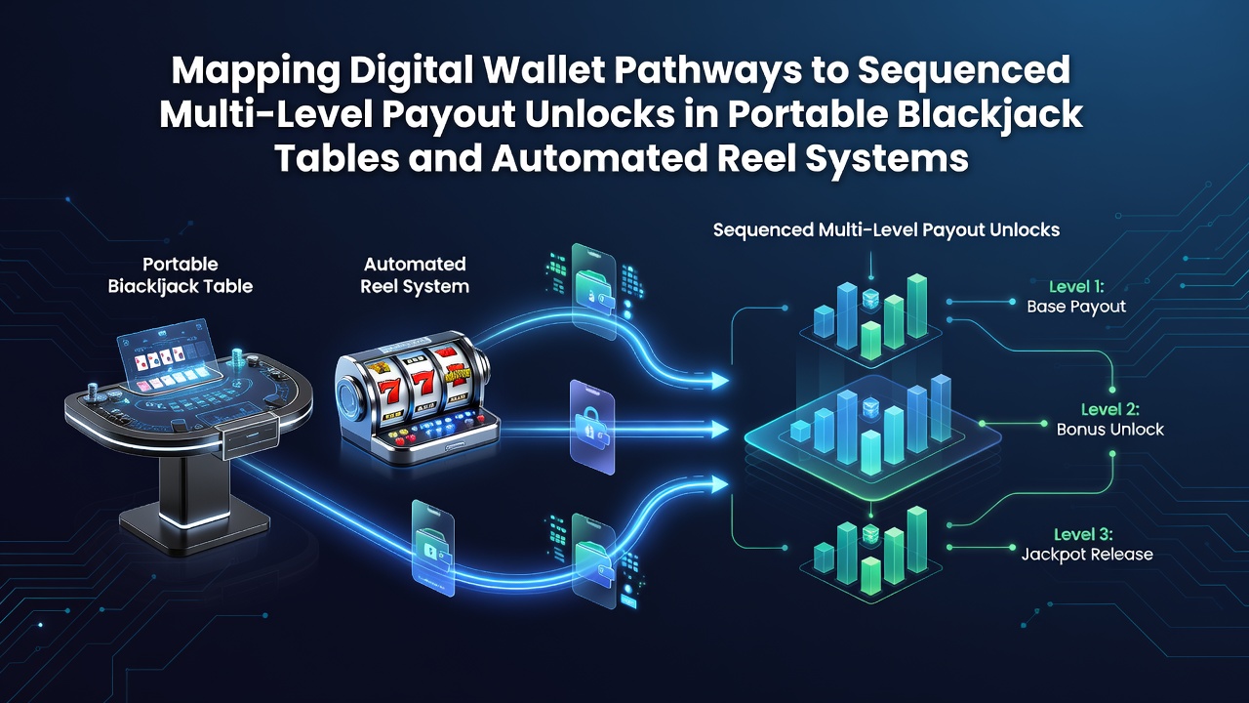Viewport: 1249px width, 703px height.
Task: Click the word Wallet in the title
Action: tap(544, 70)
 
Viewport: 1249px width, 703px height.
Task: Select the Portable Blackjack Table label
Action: tap(181, 275)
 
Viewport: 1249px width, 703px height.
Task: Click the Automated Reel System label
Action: tap(415, 275)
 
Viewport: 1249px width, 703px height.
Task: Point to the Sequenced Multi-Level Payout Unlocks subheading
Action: tap(886, 229)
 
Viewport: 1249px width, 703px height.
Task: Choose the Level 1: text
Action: tap(1076, 287)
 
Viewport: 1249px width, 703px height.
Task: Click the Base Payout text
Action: tap(1076, 307)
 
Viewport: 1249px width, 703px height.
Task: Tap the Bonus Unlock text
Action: tap(1110, 429)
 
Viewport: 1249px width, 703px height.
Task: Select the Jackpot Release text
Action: tap(1087, 554)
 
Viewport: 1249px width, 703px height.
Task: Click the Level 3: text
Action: tap(1083, 534)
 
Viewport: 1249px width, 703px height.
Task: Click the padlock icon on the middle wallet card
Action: tap(590, 423)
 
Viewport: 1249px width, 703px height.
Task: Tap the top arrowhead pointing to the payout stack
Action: tap(719, 381)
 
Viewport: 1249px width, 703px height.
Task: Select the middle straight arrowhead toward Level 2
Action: tap(720, 429)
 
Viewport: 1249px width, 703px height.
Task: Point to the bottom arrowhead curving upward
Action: tap(719, 484)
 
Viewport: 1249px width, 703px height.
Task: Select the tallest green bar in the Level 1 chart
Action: tap(917, 307)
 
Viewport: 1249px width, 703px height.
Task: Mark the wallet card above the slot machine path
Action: tap(594, 290)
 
